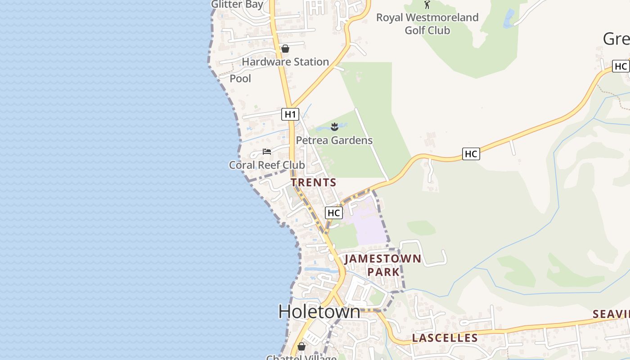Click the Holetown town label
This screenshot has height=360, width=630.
pyautogui.click(x=319, y=311)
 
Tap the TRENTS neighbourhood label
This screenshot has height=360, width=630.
pyautogui.click(x=314, y=182)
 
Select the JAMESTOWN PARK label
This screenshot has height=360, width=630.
pyautogui.click(x=383, y=265)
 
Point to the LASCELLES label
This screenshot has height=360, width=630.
pyautogui.click(x=445, y=338)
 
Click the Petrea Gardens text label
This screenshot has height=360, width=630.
pyautogui.click(x=334, y=140)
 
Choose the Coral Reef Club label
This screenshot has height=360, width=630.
pyautogui.click(x=267, y=165)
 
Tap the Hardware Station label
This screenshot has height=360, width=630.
pyautogui.click(x=285, y=62)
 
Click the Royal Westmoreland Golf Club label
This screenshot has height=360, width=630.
pyautogui.click(x=427, y=24)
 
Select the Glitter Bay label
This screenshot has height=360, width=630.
pyautogui.click(x=237, y=4)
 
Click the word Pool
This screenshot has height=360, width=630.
pyautogui.click(x=240, y=78)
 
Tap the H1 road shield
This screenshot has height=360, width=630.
pyautogui.click(x=290, y=114)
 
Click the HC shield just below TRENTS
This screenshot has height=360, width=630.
pyautogui.click(x=334, y=213)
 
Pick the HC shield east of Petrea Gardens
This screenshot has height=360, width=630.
pyautogui.click(x=471, y=154)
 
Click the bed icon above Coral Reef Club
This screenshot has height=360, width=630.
pyautogui.click(x=267, y=152)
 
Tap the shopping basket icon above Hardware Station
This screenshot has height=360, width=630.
pyautogui.click(x=285, y=49)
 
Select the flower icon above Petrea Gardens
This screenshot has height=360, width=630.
pyautogui.click(x=334, y=127)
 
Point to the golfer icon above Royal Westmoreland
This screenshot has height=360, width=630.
pyautogui.click(x=427, y=4)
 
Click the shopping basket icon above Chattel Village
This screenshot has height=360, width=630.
pyautogui.click(x=301, y=346)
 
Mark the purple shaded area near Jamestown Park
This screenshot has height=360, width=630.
pyautogui.click(x=369, y=225)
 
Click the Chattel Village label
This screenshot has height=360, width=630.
pyautogui.click(x=301, y=358)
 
